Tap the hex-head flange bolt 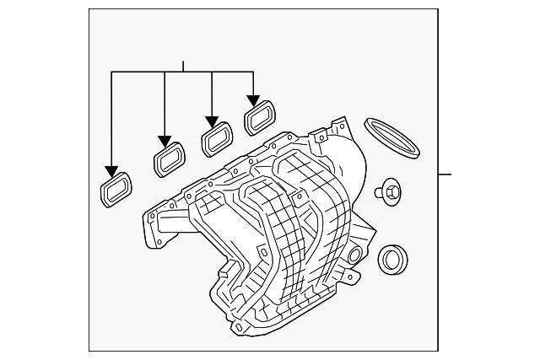click(389, 191)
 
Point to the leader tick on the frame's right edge click(445, 175)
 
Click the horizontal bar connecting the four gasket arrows click(183, 73)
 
